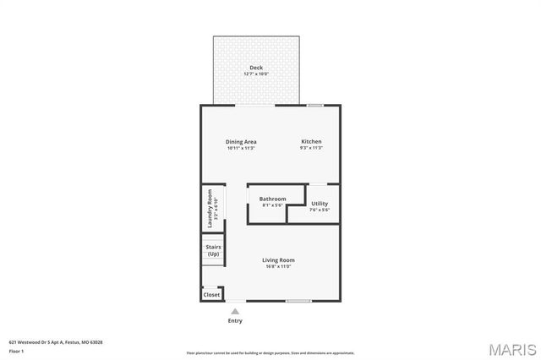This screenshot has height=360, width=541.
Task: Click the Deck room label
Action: pyautogui.click(x=255, y=68)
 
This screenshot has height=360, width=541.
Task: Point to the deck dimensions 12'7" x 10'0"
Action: pyautogui.click(x=255, y=74)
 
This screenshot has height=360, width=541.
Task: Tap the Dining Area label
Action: pyautogui.click(x=241, y=141)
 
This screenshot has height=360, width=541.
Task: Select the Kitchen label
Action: pyautogui.click(x=311, y=141)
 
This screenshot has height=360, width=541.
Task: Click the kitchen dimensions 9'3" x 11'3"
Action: pyautogui.click(x=311, y=148)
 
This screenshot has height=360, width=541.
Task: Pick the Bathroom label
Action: pyautogui.click(x=272, y=199)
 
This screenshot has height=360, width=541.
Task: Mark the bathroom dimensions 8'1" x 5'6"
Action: pyautogui.click(x=272, y=205)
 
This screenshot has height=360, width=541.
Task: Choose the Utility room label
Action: pyautogui.click(x=320, y=203)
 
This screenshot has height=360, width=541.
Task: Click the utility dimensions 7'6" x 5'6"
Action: pyautogui.click(x=320, y=210)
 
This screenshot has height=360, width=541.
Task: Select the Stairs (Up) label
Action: pyautogui.click(x=214, y=250)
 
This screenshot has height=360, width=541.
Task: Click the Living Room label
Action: pyautogui.click(x=278, y=259)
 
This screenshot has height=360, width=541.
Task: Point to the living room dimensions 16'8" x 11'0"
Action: pyautogui.click(x=278, y=267)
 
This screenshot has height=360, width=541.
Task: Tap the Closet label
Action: pyautogui.click(x=211, y=295)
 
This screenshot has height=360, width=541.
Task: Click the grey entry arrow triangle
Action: pyautogui.click(x=235, y=311)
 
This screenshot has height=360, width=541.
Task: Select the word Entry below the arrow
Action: pyautogui.click(x=235, y=320)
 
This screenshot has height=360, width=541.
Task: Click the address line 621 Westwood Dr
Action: pyautogui.click(x=56, y=342)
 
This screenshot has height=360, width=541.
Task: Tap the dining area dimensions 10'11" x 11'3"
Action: pyautogui.click(x=241, y=148)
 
